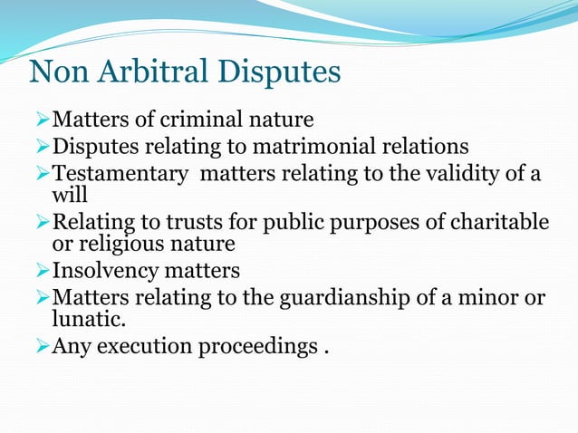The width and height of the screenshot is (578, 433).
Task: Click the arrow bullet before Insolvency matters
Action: pyautogui.click(x=40, y=271)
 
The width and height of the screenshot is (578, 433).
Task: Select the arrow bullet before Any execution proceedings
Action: pyautogui.click(x=40, y=345)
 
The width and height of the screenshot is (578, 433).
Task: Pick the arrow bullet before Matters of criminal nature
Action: pyautogui.click(x=40, y=119)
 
